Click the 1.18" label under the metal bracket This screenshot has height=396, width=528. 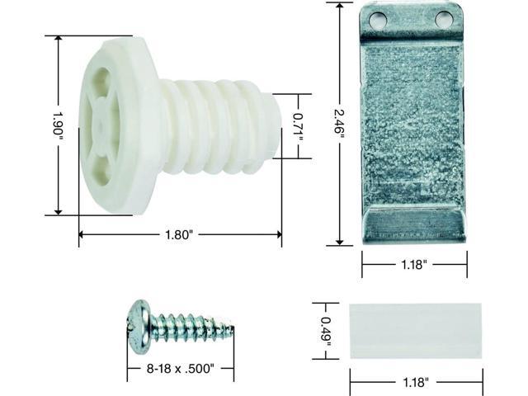click(413, 266)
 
